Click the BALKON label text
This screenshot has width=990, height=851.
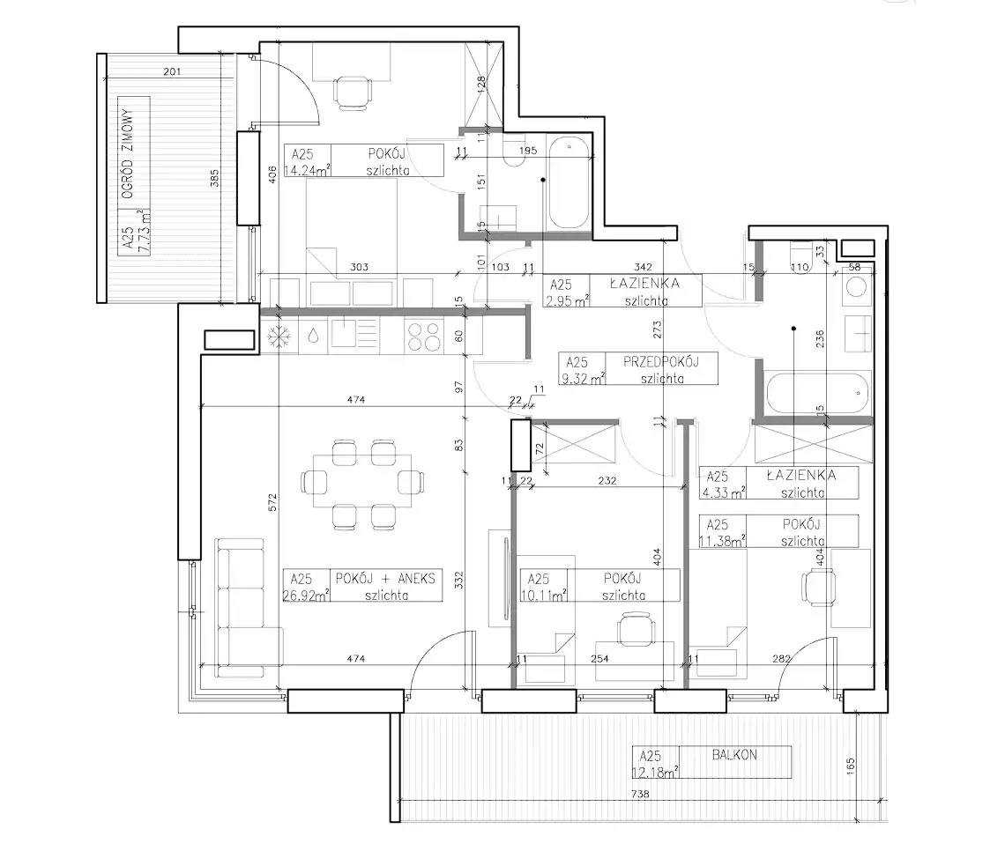pos(734,754)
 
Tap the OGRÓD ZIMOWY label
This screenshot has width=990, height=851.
pos(128,154)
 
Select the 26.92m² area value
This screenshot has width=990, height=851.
pos(306,596)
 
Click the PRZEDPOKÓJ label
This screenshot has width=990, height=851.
pos(661,362)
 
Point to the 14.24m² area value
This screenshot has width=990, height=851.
pos(308,170)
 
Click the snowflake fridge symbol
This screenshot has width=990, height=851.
pos(279,337)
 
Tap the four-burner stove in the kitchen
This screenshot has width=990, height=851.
pos(424,337)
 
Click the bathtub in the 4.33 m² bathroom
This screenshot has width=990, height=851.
pos(818,393)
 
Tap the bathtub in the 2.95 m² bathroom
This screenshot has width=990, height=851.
pos(569,183)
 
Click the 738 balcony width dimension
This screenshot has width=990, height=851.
pos(640,794)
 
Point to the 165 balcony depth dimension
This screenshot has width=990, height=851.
pos(851,766)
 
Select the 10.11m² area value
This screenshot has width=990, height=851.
pos(543,596)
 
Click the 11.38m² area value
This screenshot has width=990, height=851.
pos(722,541)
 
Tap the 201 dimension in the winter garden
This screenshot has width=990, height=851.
pos(172,72)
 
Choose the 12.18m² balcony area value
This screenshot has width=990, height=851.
pos(656,772)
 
